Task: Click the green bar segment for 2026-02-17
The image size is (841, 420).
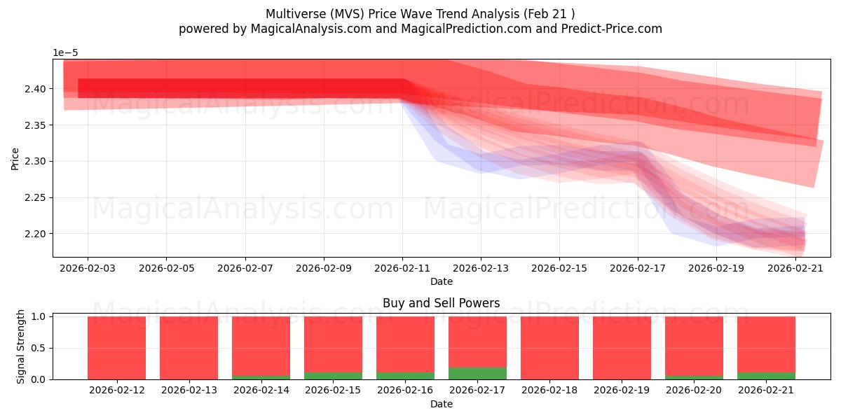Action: (x=477, y=374)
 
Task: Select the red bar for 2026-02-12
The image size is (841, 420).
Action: (x=117, y=348)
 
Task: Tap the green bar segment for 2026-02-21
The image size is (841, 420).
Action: (x=766, y=376)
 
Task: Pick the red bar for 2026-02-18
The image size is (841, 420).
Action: (x=549, y=348)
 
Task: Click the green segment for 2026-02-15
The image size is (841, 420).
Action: (x=334, y=376)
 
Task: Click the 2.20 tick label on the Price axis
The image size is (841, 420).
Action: (x=35, y=234)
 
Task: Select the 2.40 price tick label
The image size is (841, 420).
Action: (x=35, y=90)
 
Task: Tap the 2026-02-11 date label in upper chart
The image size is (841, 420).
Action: (x=402, y=269)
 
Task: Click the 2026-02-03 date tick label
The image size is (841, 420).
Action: (x=88, y=269)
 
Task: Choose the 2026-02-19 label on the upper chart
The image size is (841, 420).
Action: (x=716, y=269)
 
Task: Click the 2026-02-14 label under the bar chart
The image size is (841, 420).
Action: (x=261, y=391)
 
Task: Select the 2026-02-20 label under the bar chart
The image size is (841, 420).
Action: (x=694, y=391)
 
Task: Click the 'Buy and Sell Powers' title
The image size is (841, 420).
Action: (x=441, y=303)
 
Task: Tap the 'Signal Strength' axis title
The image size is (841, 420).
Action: (x=20, y=347)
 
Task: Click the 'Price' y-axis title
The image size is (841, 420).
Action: (x=15, y=160)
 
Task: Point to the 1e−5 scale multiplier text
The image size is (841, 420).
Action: (x=65, y=53)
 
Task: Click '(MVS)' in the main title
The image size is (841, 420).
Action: (x=348, y=14)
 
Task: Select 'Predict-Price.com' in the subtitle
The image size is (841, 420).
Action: (x=612, y=29)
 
